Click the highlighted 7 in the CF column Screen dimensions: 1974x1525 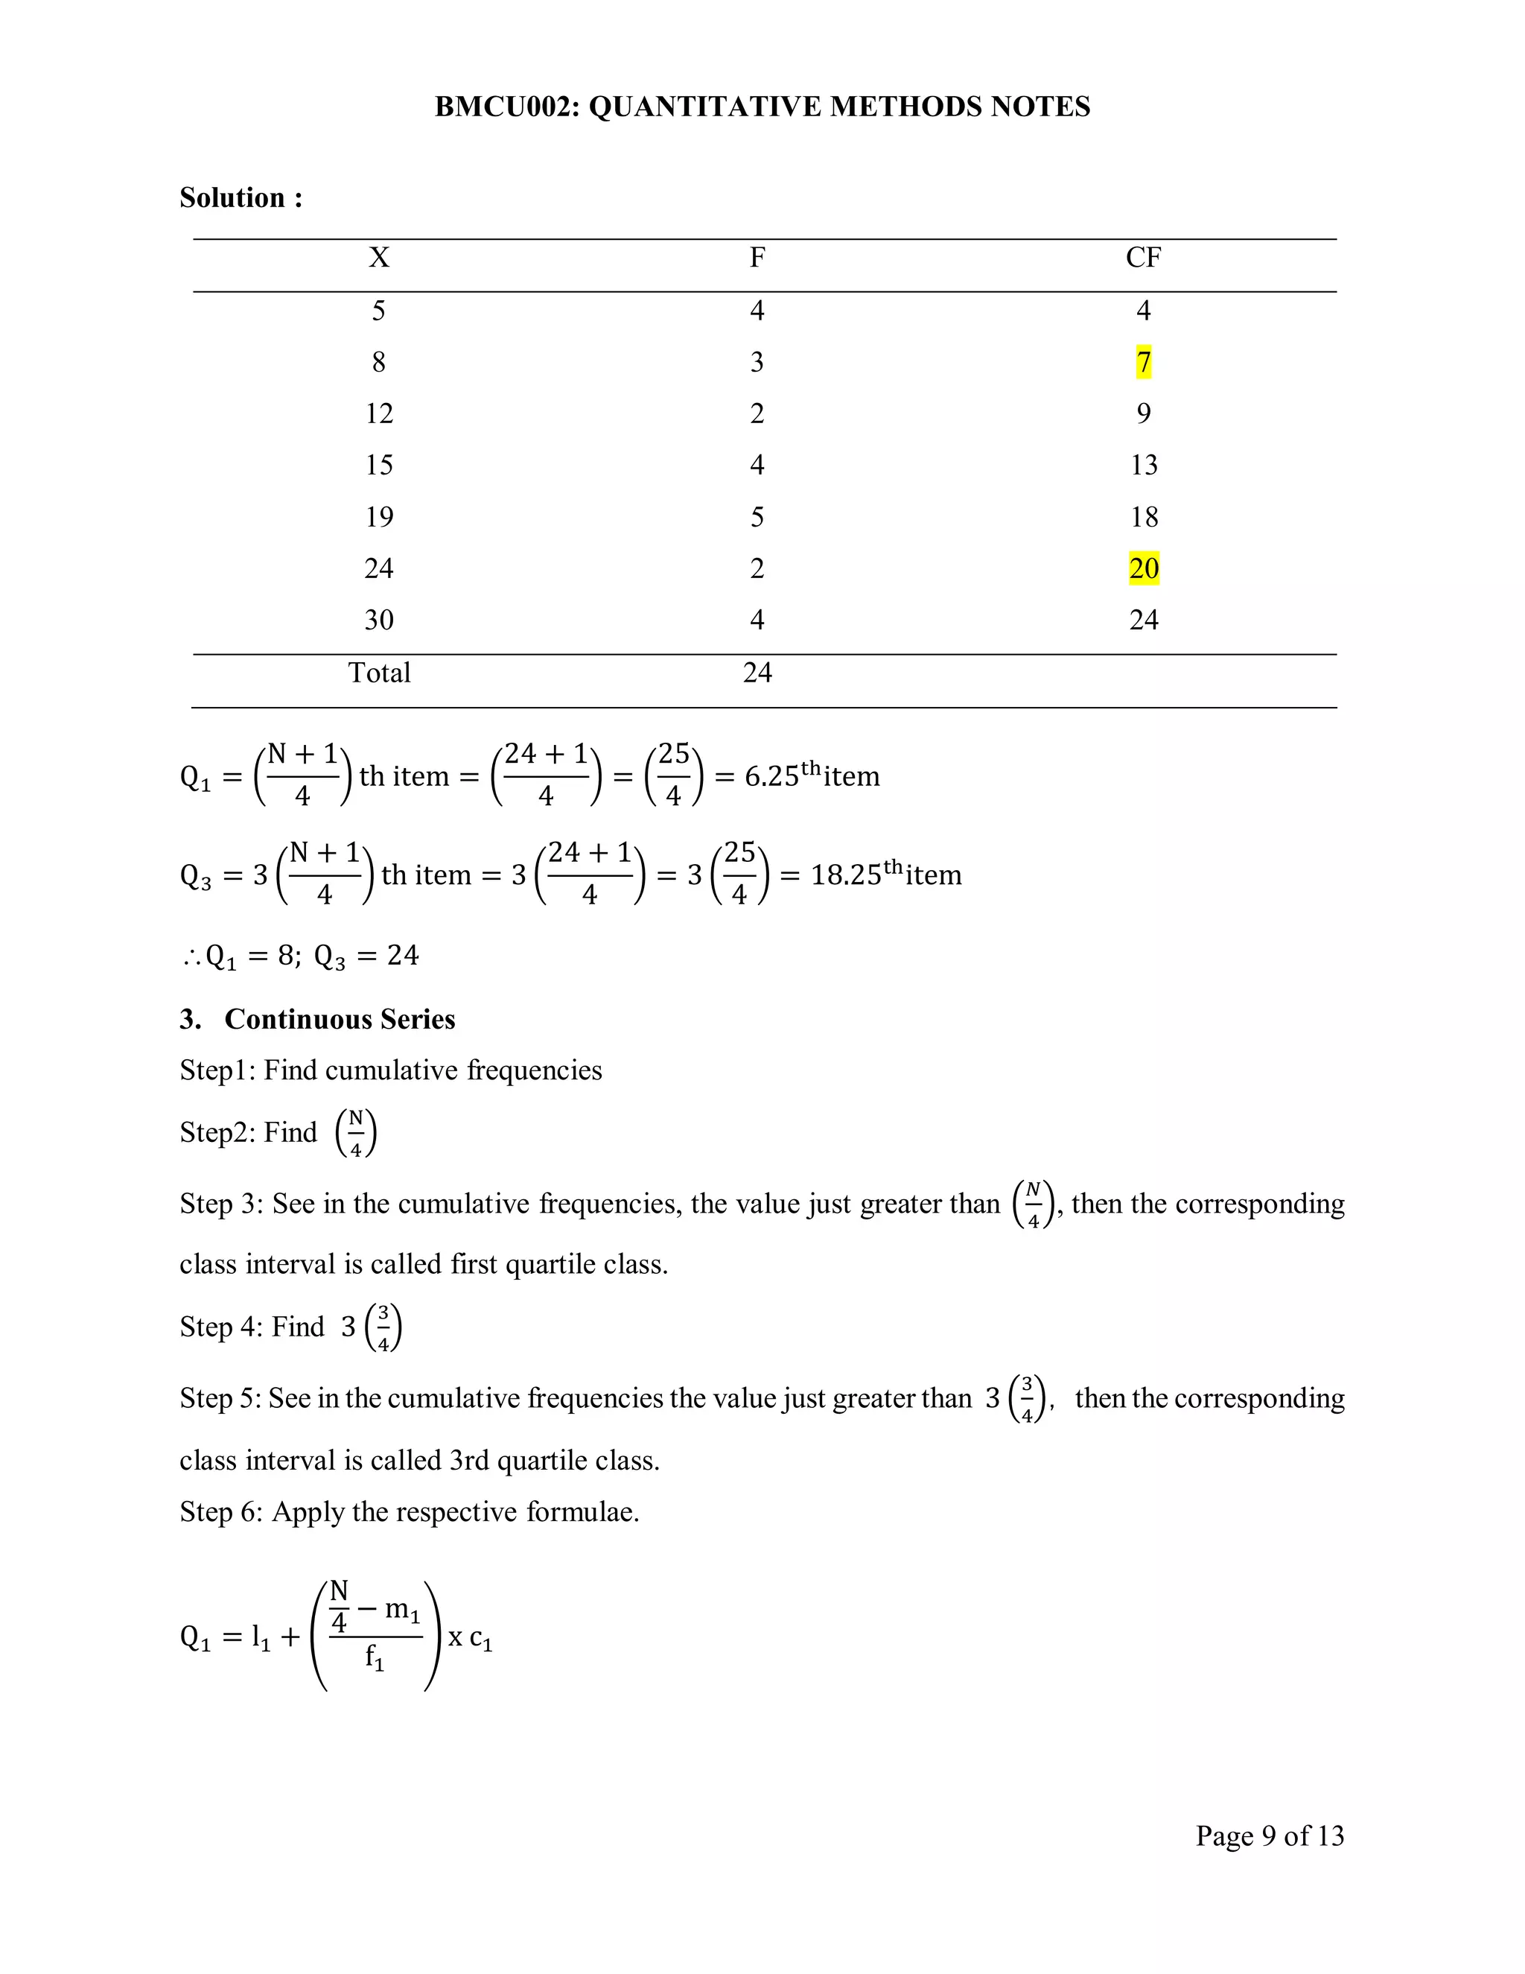[x=1143, y=363]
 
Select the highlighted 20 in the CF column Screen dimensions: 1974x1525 [x=1143, y=568]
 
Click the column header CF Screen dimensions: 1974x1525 [x=1143, y=258]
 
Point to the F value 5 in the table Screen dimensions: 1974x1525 [x=757, y=517]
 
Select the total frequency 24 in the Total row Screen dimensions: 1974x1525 [x=757, y=673]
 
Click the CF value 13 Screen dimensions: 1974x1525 [x=1143, y=466]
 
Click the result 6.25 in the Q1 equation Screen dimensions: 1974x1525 [x=771, y=776]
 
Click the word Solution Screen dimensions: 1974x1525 [x=232, y=198]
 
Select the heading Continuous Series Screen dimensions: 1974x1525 [x=340, y=1020]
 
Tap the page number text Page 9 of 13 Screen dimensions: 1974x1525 [x=1270, y=1835]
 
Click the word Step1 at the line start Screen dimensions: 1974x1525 [x=217, y=1070]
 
